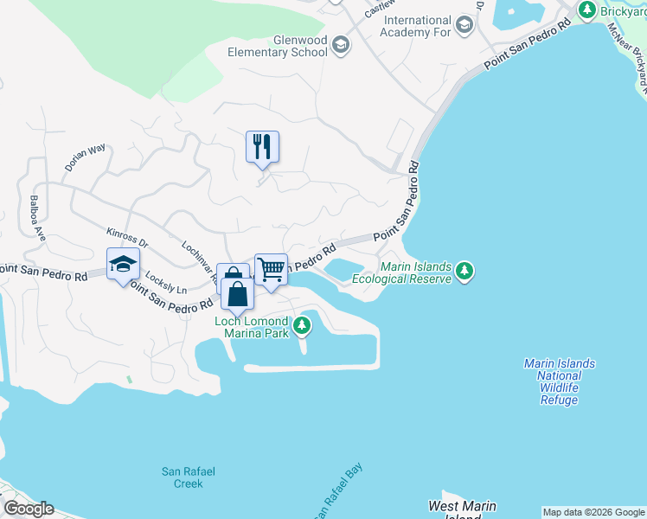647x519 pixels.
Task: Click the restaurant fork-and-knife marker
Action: click(x=262, y=146)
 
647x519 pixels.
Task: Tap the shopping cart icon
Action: click(x=271, y=270)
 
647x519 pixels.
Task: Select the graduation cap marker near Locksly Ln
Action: click(x=123, y=264)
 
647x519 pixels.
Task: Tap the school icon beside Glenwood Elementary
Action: click(x=341, y=45)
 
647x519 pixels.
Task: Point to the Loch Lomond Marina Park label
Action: click(x=252, y=327)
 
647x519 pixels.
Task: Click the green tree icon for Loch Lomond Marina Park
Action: click(x=301, y=326)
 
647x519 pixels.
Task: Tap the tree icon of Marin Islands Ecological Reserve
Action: click(x=465, y=272)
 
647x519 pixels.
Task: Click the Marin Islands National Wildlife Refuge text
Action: click(x=559, y=381)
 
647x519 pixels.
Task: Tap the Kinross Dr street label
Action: click(x=128, y=236)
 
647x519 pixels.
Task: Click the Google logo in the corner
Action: click(x=28, y=509)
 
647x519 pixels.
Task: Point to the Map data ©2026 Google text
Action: click(x=593, y=512)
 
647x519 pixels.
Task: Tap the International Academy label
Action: click(x=418, y=26)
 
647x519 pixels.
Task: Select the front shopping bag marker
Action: click(x=238, y=294)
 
